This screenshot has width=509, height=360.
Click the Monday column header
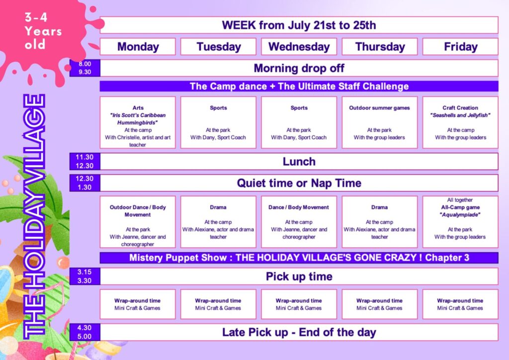(138, 47)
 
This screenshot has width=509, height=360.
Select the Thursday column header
(379, 47)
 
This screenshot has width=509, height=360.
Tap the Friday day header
(460, 47)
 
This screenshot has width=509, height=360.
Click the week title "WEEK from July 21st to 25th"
(299, 25)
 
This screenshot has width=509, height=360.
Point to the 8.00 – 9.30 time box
(85, 68)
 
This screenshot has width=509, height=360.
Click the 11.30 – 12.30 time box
(85, 161)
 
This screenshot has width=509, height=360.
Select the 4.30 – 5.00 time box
(85, 332)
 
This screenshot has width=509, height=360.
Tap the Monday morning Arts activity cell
(138, 122)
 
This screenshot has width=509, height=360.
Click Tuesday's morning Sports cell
(218, 122)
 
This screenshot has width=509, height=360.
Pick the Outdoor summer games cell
(379, 122)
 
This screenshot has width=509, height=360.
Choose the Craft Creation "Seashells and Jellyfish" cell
(460, 122)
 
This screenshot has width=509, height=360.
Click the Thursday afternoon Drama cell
(379, 222)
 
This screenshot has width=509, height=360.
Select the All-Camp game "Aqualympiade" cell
(460, 222)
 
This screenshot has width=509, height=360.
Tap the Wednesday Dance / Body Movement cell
(299, 222)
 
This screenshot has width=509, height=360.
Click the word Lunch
(299, 162)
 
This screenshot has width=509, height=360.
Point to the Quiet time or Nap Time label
(299, 183)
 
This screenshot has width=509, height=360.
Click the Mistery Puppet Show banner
(299, 258)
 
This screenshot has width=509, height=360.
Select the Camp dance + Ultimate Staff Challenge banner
(299, 87)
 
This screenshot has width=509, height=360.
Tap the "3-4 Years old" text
(43, 31)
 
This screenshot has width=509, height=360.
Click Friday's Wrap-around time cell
(460, 304)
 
